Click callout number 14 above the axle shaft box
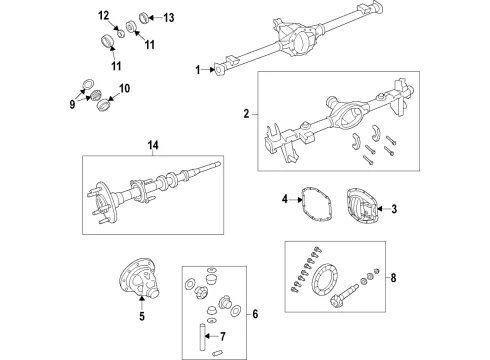[153, 146]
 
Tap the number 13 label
[169, 18]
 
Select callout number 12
[103, 16]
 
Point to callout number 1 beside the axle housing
[198, 70]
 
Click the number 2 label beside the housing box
[246, 114]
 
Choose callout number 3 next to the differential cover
[394, 209]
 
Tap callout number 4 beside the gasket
[284, 199]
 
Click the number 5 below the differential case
[142, 316]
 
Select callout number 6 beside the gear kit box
[255, 314]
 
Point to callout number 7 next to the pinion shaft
[223, 336]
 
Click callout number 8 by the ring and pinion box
[393, 277]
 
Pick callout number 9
[72, 104]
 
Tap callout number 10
[124, 89]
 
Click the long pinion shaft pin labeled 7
[202, 337]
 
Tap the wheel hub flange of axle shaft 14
[106, 203]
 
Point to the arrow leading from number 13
[154, 18]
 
